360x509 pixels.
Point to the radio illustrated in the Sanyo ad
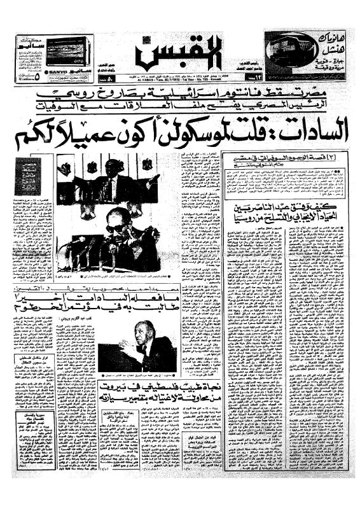[x=67, y=49]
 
